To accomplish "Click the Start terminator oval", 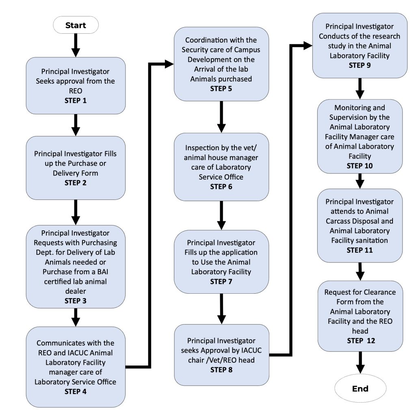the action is (x=76, y=25).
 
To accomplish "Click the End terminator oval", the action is (x=360, y=388).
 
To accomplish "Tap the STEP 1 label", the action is (x=76, y=101).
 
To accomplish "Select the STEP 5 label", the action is (x=221, y=89).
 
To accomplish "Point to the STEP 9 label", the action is (x=360, y=65).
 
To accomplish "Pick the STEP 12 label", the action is (x=361, y=341).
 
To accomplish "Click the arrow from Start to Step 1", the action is (x=76, y=45).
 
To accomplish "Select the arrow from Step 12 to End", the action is (x=360, y=363).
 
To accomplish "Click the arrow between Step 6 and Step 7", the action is (x=221, y=215).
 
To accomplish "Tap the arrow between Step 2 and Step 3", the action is (x=76, y=212).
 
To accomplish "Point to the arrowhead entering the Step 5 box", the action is (x=169, y=64).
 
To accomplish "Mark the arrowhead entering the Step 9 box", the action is (x=308, y=45).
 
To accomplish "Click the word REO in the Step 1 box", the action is (x=76, y=91).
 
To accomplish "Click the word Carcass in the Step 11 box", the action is (x=338, y=221).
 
